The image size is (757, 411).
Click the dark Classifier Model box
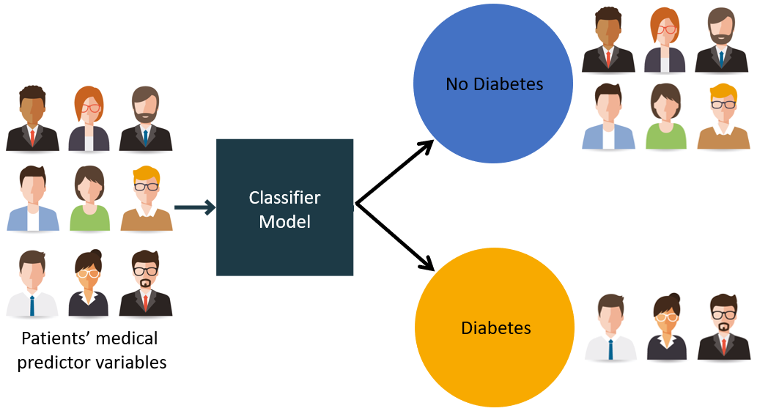284,207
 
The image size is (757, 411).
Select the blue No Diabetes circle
494,84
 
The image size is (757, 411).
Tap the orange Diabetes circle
495,327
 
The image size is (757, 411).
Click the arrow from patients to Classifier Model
194,208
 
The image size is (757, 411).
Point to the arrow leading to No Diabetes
396,171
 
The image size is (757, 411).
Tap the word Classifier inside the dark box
284,197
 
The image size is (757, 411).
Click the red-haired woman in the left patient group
89,118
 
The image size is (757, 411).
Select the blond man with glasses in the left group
147,199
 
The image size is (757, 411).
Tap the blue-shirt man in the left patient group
33,199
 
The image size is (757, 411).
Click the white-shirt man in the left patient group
32,284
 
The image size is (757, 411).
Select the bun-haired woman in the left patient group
89,284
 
